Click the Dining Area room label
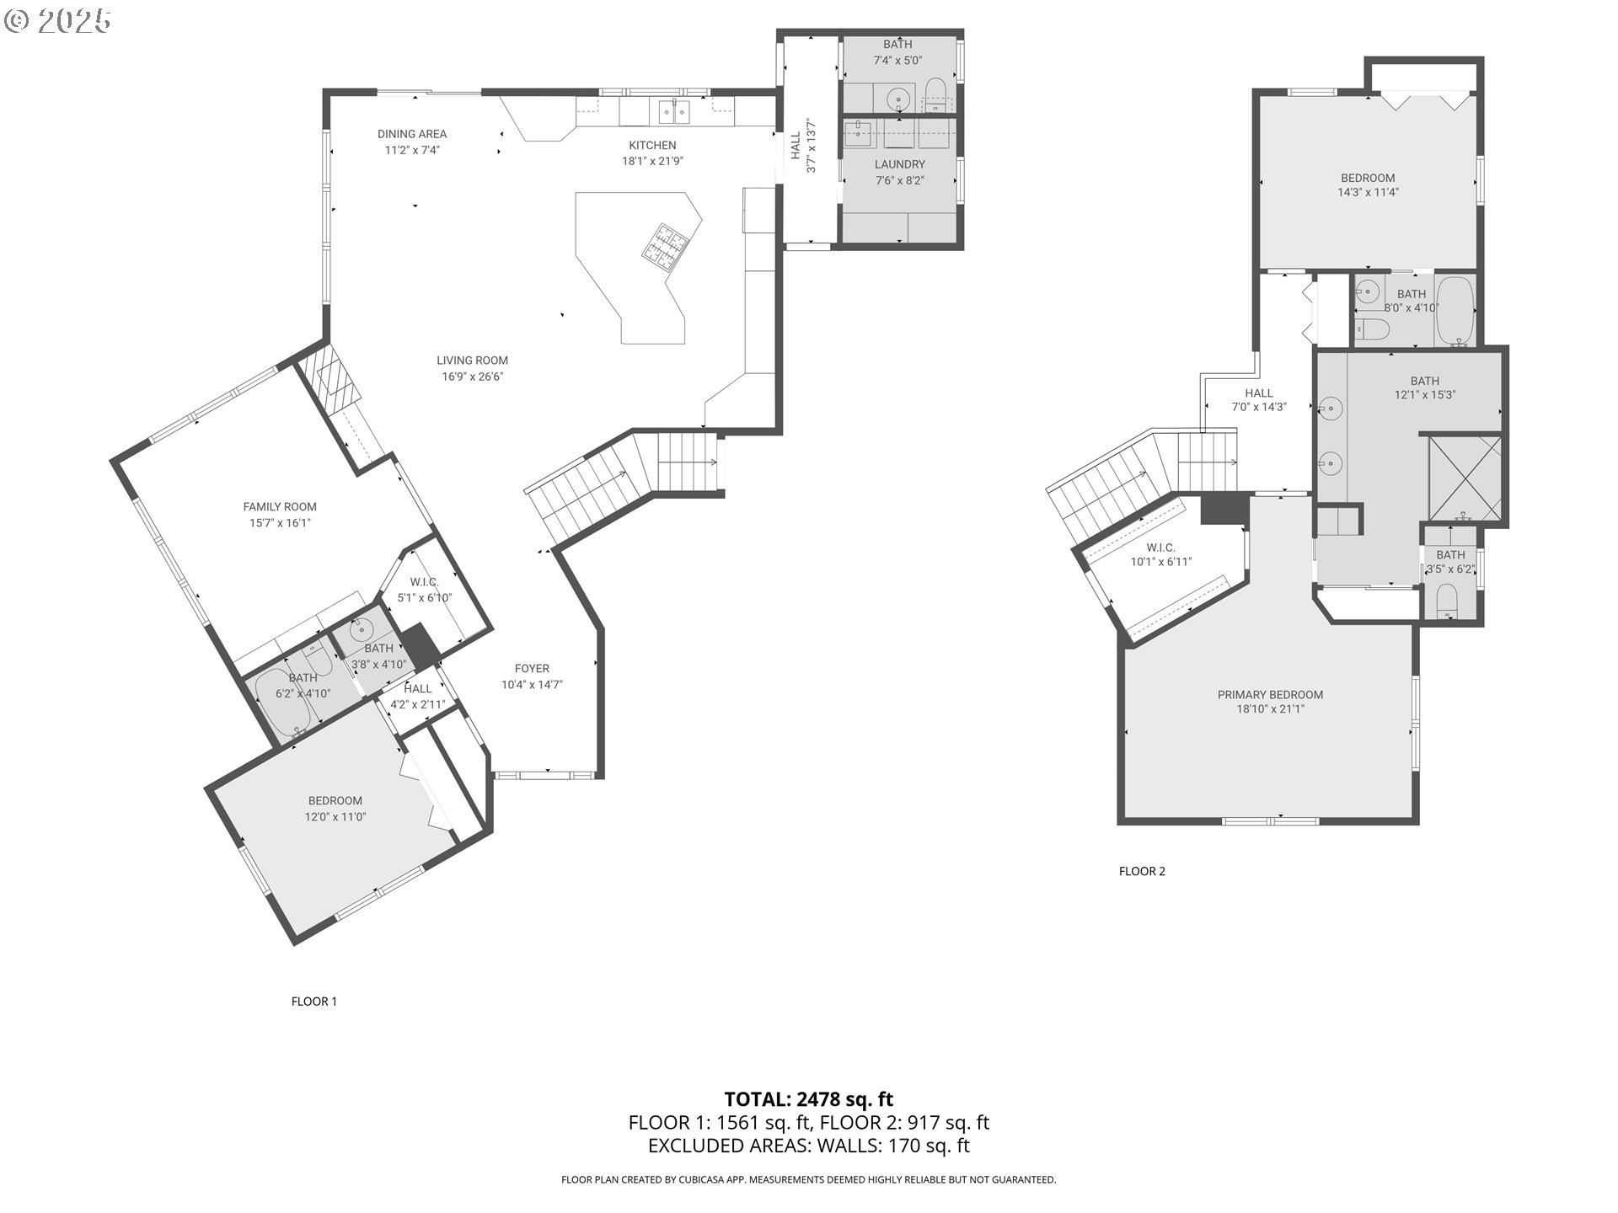[412, 134]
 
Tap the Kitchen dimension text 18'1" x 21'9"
[652, 161]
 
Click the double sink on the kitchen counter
[674, 110]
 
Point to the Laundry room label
[899, 164]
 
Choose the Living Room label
[472, 361]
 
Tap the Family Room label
[280, 507]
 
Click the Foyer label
[532, 669]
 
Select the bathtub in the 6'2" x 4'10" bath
[284, 703]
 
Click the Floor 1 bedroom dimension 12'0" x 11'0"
[335, 817]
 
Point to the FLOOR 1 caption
[313, 1002]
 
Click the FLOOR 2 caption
[1142, 871]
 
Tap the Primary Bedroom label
[1270, 695]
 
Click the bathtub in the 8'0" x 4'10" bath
[1455, 311]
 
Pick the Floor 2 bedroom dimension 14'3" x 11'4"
[1368, 192]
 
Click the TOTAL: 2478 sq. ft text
[809, 1099]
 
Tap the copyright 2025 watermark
[58, 20]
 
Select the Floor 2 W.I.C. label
[1160, 548]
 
